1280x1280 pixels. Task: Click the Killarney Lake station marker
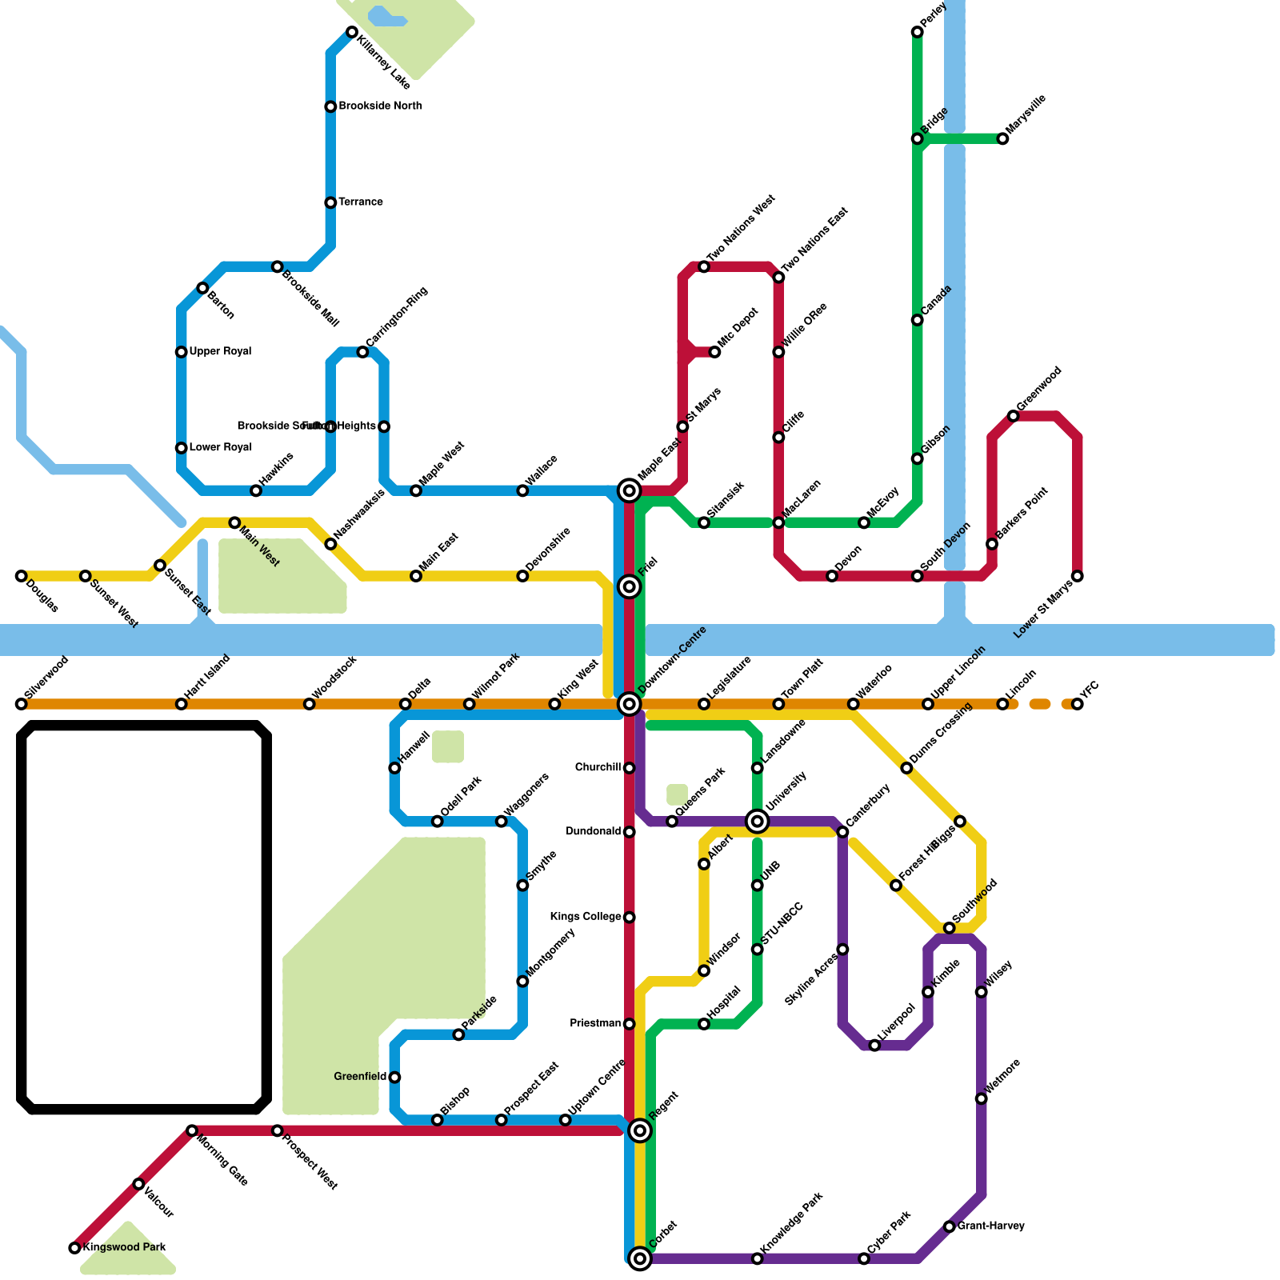pos(352,32)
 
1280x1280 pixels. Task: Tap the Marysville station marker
pos(1002,139)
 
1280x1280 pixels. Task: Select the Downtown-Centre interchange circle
pos(630,704)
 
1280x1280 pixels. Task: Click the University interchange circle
pos(758,821)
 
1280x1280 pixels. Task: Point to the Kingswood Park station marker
pos(74,1248)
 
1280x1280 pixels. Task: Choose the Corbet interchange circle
pos(640,1258)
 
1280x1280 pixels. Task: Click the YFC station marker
pos(1078,704)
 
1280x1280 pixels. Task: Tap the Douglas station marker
pos(22,576)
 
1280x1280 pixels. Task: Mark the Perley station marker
pos(918,32)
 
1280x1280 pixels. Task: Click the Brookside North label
pos(380,106)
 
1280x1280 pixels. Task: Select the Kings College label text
pos(586,917)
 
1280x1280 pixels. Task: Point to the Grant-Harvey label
pos(990,1226)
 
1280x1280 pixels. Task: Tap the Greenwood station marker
pos(1014,416)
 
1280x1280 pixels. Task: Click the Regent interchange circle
pos(640,1130)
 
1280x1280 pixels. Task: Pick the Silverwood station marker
pos(22,704)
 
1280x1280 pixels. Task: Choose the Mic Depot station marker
pos(714,352)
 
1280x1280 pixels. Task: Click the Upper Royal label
pos(220,352)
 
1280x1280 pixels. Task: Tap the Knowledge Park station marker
pos(758,1259)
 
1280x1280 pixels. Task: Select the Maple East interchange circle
pos(630,490)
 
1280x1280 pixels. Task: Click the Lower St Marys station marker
pos(1078,576)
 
